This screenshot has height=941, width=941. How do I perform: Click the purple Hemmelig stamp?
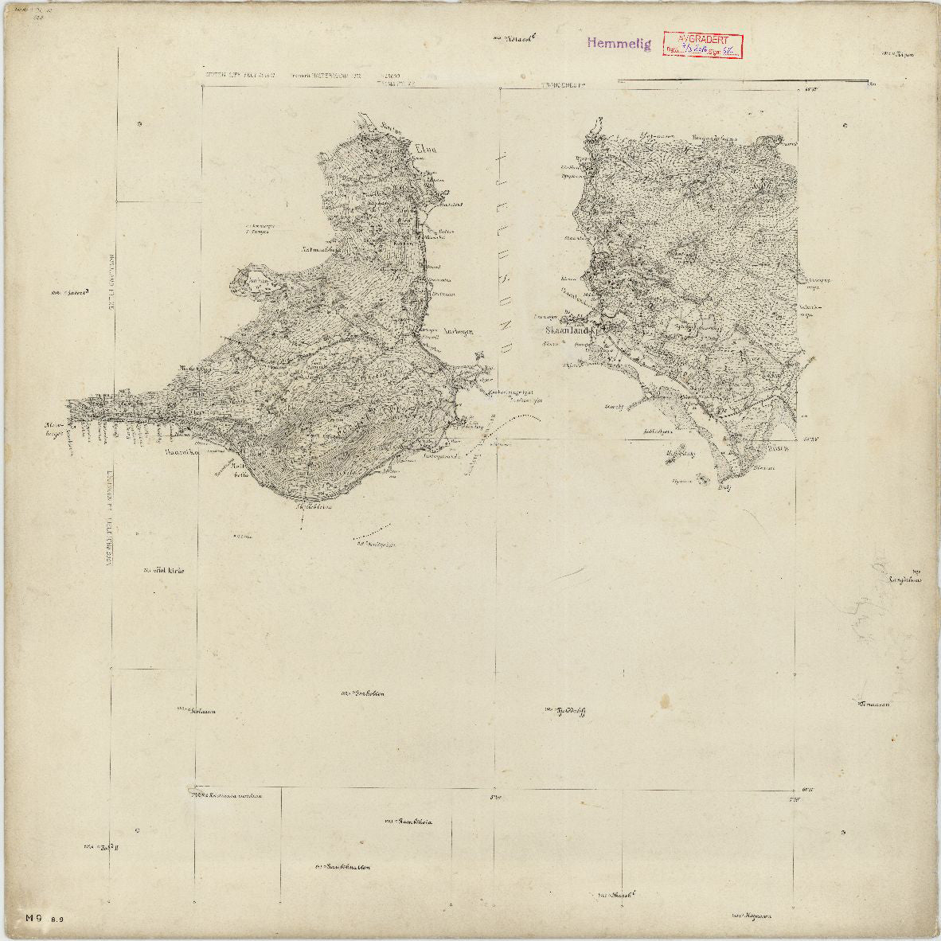[619, 44]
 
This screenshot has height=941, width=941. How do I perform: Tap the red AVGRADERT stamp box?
[701, 45]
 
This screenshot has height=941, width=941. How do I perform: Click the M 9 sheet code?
[33, 917]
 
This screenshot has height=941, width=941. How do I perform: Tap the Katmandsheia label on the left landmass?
[299, 248]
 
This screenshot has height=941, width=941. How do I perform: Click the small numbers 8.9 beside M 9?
[57, 920]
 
